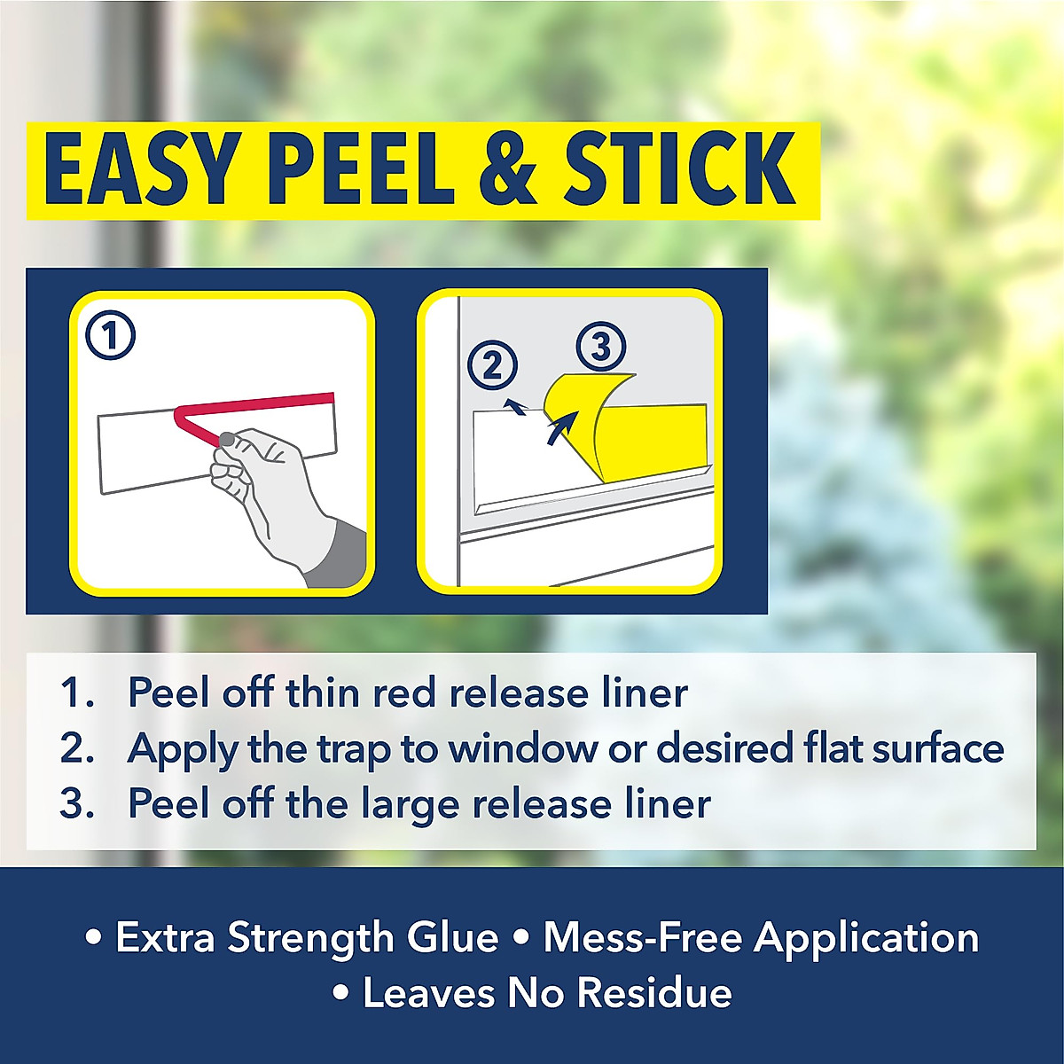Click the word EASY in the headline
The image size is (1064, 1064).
142,169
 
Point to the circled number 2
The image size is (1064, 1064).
492,365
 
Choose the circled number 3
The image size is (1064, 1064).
601,347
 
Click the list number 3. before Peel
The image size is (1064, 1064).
77,804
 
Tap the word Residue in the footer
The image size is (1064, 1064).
655,993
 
